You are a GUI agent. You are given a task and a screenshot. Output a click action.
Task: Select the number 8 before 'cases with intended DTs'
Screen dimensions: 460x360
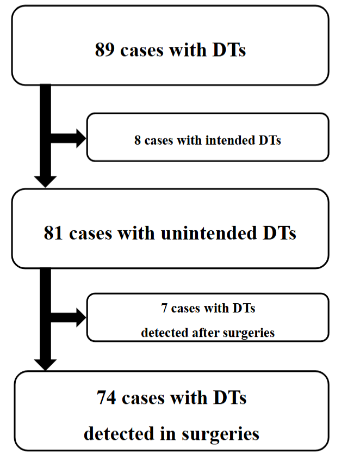[x=138, y=140]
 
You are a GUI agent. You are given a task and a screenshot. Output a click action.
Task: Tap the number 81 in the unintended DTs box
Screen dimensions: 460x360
[x=54, y=233]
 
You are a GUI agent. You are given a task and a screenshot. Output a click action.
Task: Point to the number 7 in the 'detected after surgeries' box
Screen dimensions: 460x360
[x=164, y=309]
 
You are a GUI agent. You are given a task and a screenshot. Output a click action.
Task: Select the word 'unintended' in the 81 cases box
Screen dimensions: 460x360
[x=206, y=233]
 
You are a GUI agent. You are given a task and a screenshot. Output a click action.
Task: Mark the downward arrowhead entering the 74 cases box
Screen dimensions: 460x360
[x=45, y=363]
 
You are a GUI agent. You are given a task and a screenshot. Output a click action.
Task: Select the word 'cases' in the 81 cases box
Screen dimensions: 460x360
[x=90, y=233]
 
